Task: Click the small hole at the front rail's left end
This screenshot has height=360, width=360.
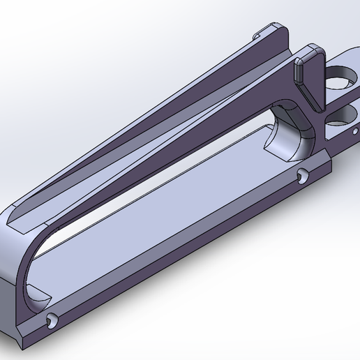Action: coord(51,320)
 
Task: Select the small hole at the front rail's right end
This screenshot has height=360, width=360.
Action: coord(301,177)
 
